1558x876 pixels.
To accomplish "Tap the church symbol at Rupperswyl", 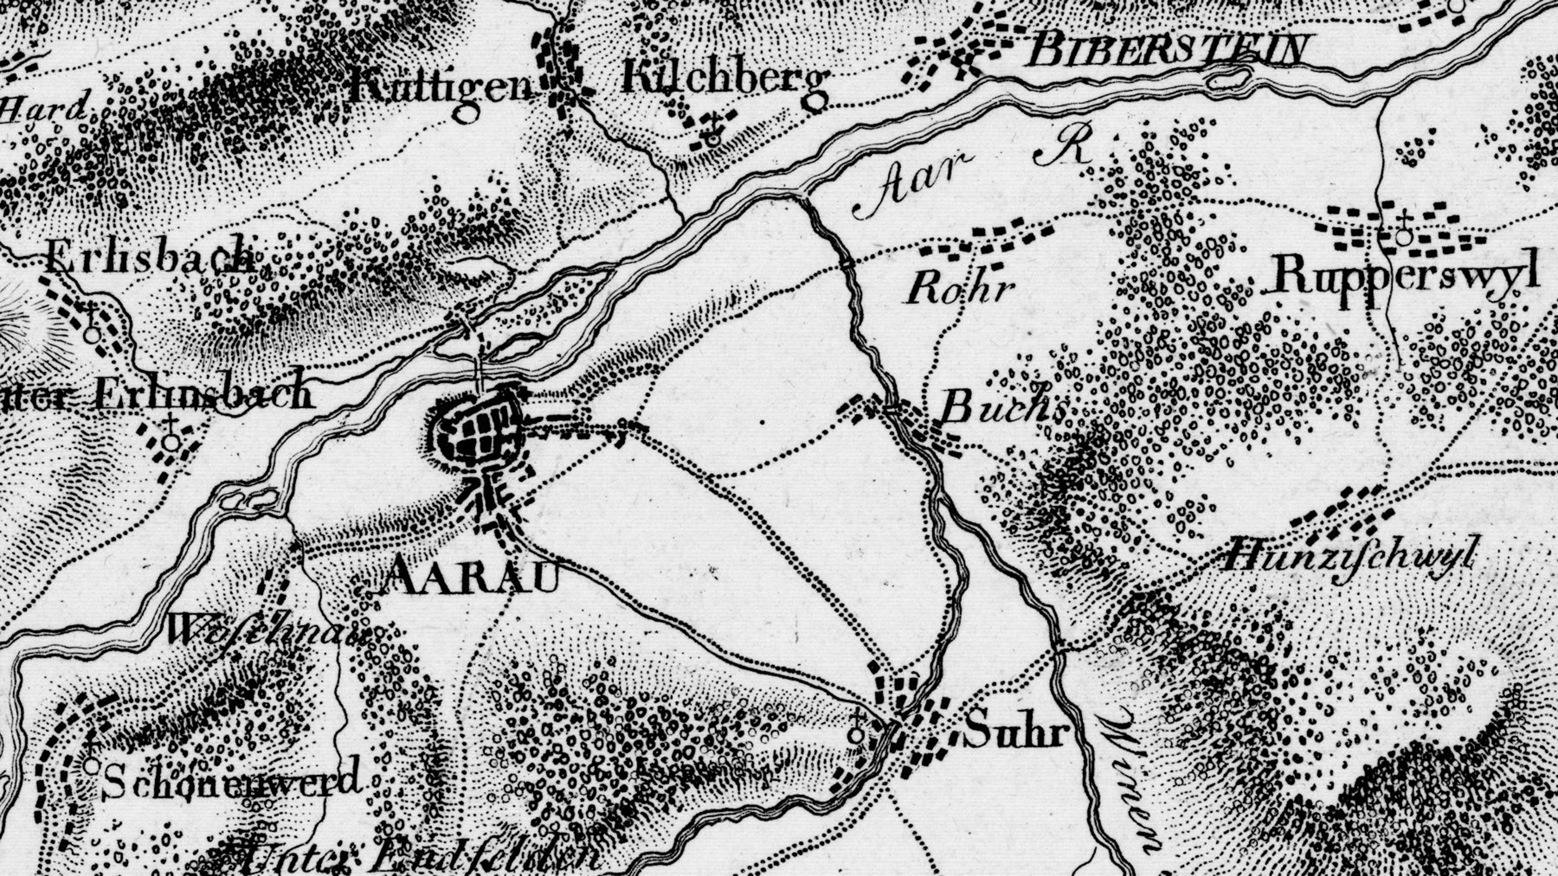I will (1404, 233).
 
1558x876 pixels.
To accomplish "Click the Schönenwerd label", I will (233, 781).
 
